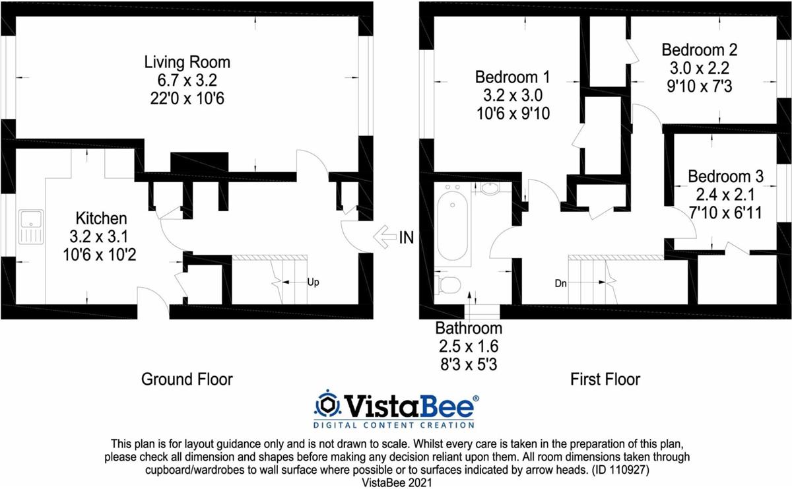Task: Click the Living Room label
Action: [187, 62]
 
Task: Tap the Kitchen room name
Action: [101, 218]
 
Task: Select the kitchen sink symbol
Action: [31, 226]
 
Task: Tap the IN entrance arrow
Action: [385, 238]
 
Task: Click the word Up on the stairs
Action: [313, 282]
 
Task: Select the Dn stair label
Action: [561, 283]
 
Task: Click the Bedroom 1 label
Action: [512, 77]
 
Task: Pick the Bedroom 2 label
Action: [700, 50]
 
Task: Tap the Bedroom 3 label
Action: [725, 176]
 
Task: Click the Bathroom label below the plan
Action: [469, 328]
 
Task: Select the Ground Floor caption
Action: [187, 379]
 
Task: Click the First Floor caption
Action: [605, 379]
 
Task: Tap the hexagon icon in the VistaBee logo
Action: [327, 403]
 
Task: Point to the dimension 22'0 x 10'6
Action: [187, 98]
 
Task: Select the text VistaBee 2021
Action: [397, 483]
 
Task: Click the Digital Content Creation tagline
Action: [394, 425]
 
